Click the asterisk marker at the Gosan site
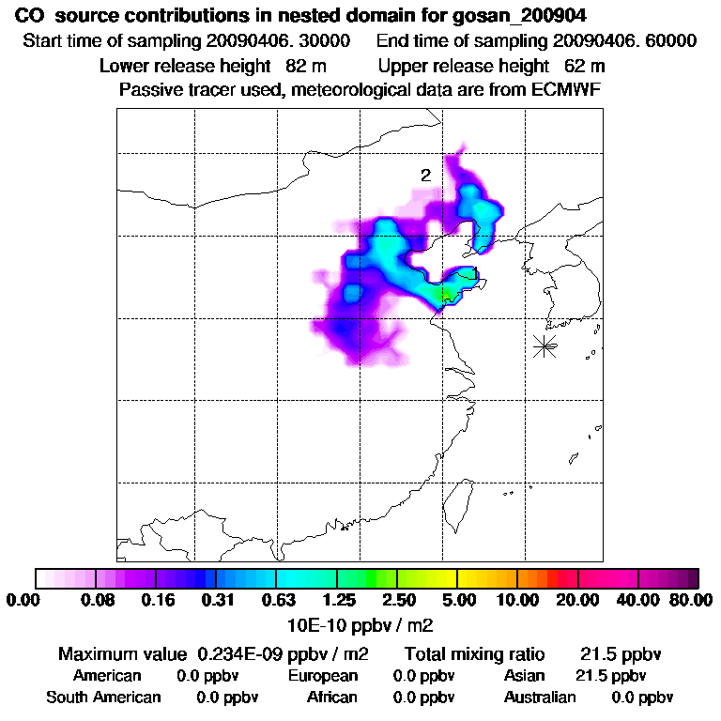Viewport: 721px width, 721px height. coord(545,345)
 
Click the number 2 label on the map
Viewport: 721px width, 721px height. coord(425,176)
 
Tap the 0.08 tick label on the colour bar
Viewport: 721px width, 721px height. coord(97,600)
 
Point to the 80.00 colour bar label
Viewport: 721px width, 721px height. coord(689,600)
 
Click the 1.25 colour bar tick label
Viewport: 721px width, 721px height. coord(338,600)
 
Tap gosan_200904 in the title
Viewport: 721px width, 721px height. coord(533,16)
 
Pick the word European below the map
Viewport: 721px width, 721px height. coord(323,676)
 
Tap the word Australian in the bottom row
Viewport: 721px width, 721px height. coord(540,698)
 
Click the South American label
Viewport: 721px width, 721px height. coord(103,698)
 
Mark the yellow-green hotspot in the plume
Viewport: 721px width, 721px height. coord(441,296)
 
